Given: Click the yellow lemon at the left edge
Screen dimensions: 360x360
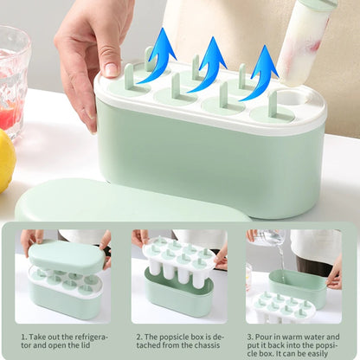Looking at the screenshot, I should click(6, 160).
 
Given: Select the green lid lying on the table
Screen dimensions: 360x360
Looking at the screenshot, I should click(130, 203).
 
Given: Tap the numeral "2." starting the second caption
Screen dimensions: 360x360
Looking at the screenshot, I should click(139, 336).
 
